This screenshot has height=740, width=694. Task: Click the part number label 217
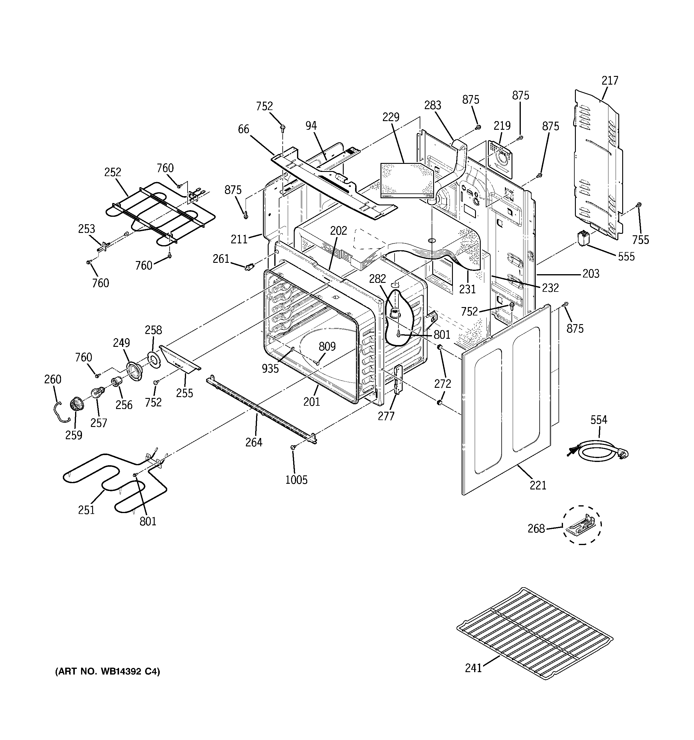click(x=609, y=80)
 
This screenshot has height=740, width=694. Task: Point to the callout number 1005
click(x=296, y=480)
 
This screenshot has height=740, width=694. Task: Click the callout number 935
click(x=270, y=369)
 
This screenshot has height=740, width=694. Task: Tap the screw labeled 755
click(x=638, y=205)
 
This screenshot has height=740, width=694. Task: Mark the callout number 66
click(x=243, y=129)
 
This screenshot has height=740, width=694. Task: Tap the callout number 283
click(x=433, y=105)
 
